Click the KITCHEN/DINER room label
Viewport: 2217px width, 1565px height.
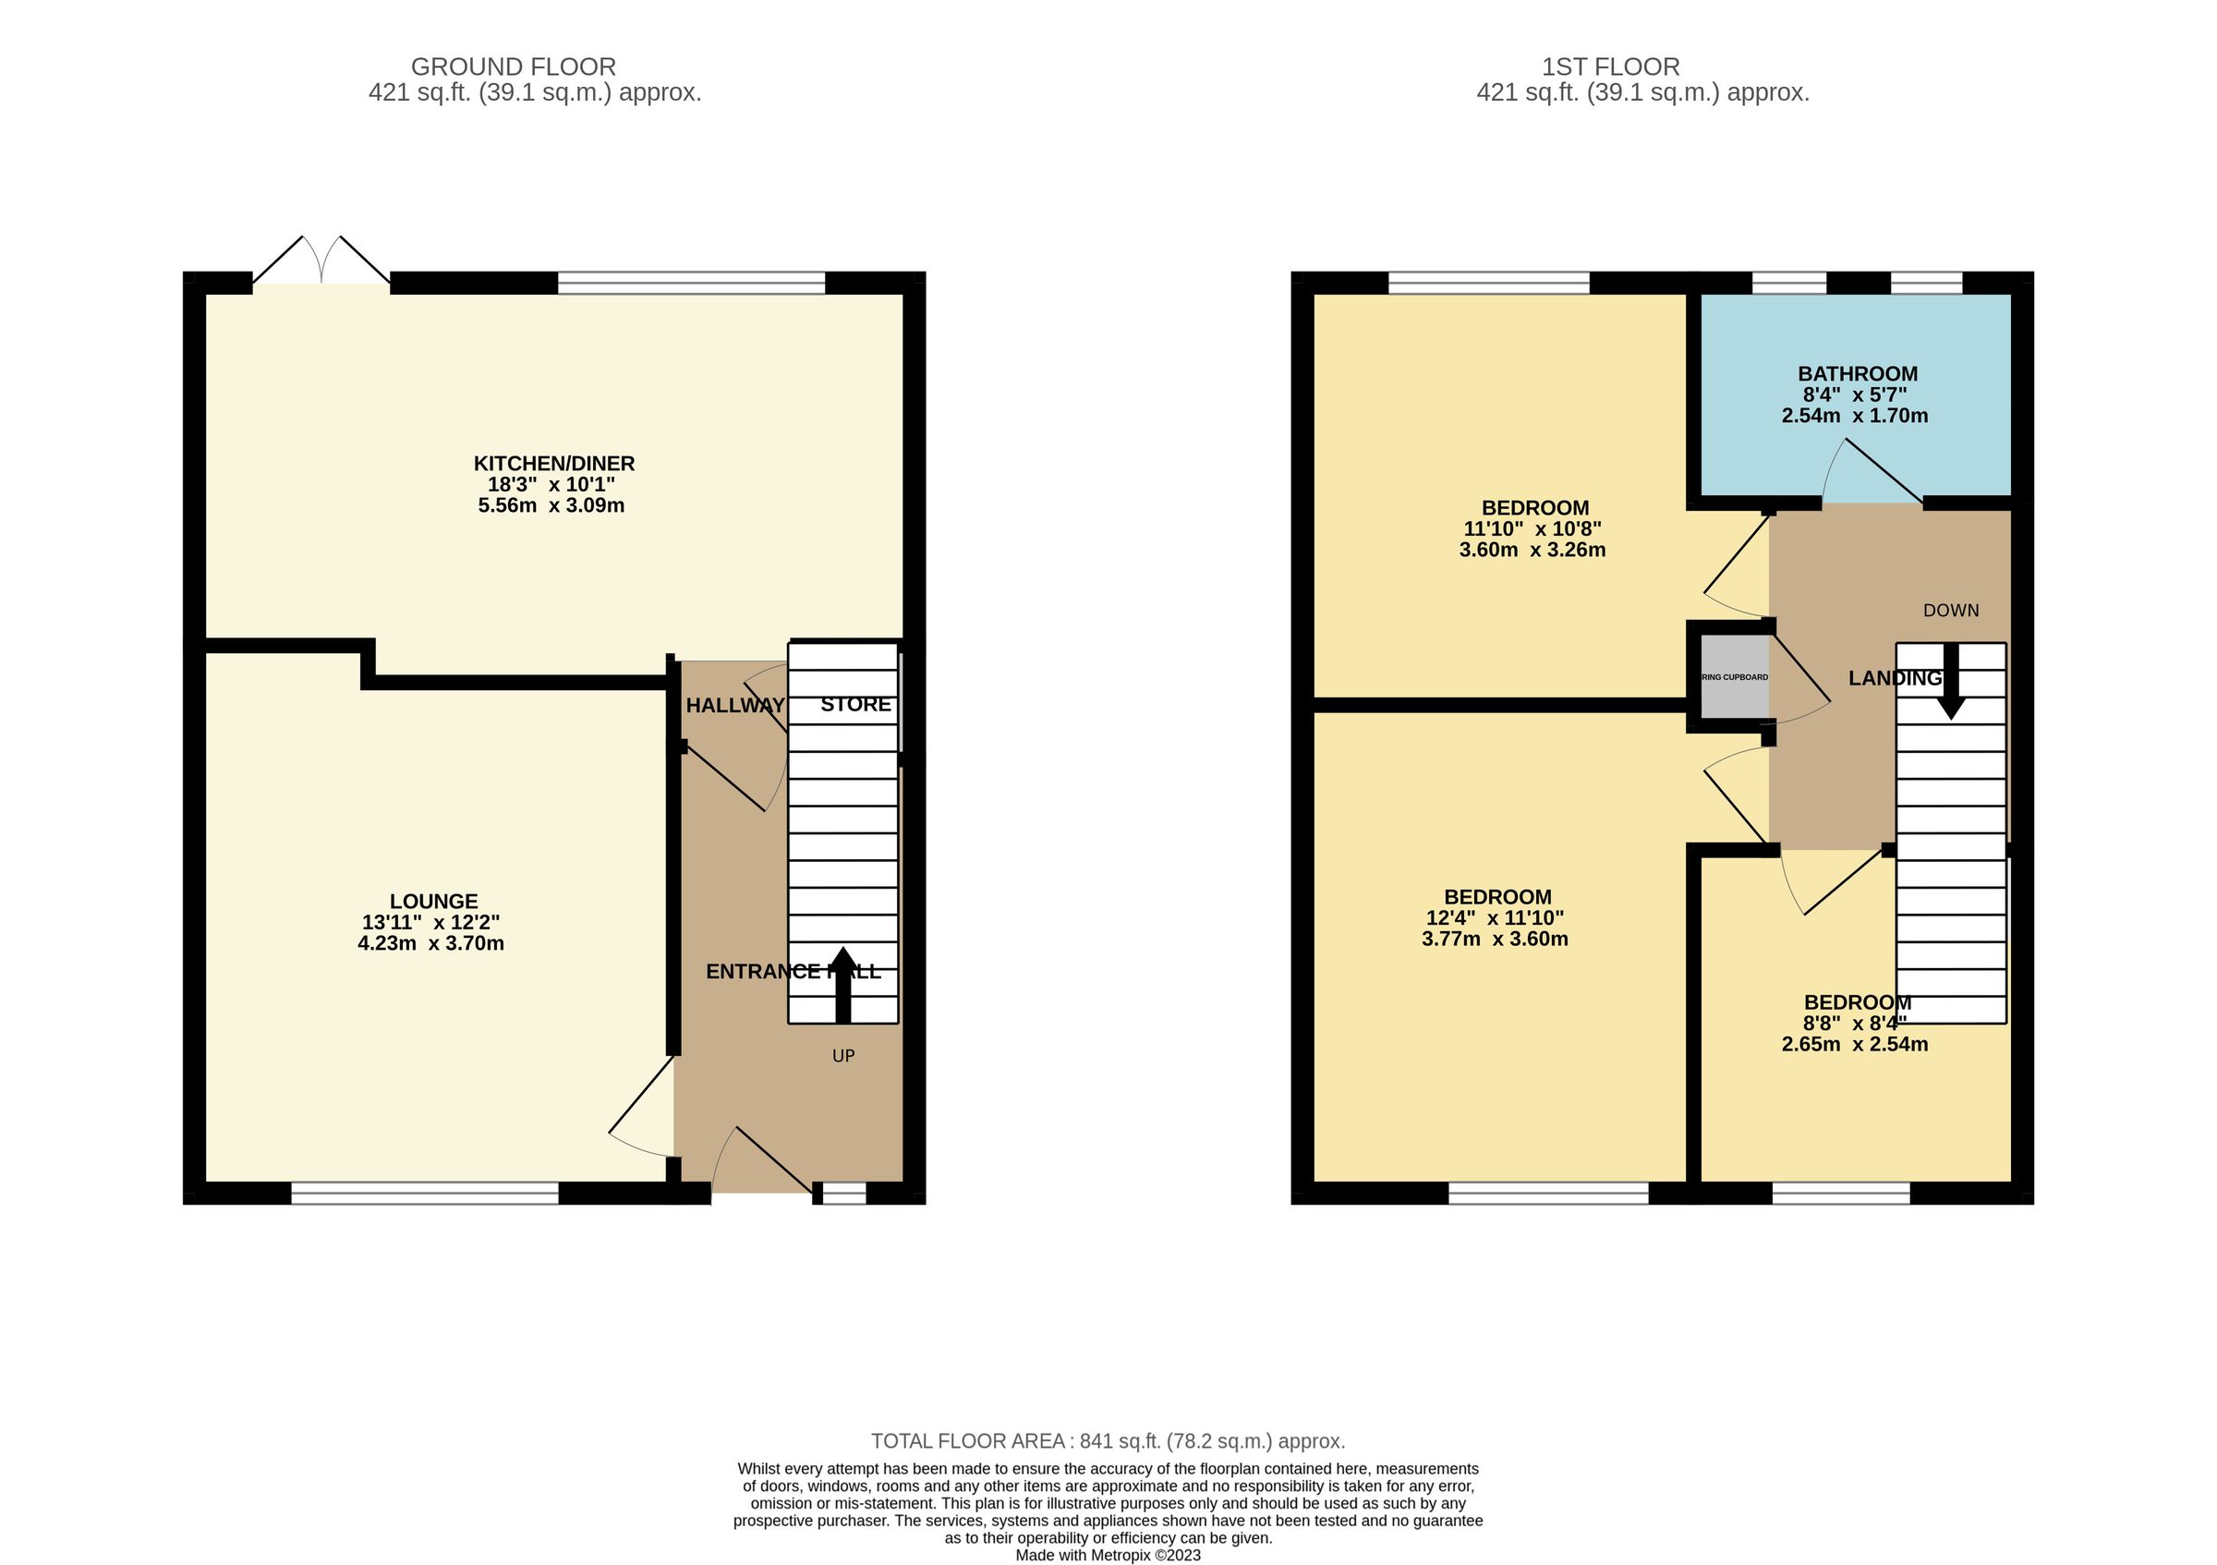[553, 464]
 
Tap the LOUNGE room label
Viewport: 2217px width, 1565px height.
[433, 901]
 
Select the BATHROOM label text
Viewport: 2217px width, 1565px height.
[1857, 373]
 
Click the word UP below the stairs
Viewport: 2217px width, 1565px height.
[843, 1056]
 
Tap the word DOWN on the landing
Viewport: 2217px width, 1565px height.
[1950, 610]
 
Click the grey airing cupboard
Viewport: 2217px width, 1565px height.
[1734, 677]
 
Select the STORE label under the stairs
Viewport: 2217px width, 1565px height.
[855, 705]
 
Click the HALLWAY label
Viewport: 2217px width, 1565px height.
[734, 706]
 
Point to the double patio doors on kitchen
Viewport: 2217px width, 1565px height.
[321, 261]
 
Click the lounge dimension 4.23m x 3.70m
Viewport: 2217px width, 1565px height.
[430, 943]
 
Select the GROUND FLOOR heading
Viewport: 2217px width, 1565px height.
[513, 67]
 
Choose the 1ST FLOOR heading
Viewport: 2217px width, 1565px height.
[1610, 67]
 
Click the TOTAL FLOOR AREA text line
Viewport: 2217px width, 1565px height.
[1108, 1441]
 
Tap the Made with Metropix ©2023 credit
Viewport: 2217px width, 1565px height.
[1108, 1556]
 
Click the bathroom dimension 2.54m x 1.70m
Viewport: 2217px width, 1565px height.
[1854, 416]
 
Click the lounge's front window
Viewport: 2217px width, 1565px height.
[425, 1195]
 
